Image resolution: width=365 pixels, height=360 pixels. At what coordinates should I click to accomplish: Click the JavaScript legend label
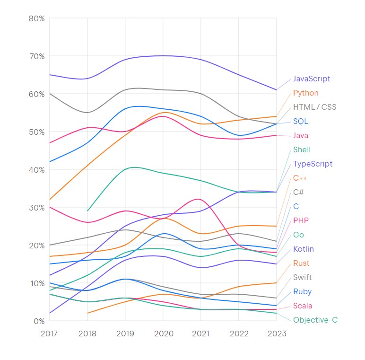point(311,79)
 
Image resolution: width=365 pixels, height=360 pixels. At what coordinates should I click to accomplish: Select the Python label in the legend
point(305,93)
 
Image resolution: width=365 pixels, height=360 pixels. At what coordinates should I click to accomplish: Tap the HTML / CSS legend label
point(314,107)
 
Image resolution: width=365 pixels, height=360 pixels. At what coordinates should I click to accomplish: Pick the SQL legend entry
point(300,122)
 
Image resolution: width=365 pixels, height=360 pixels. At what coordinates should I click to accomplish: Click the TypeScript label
point(313,164)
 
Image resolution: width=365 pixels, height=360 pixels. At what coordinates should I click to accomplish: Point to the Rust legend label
point(301,263)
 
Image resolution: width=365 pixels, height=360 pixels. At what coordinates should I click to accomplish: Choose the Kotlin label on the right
point(303,249)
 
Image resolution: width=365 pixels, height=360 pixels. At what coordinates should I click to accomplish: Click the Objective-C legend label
point(315,320)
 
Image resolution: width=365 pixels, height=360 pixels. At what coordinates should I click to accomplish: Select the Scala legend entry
point(303,306)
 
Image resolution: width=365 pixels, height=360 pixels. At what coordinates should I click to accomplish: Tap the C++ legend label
point(300,178)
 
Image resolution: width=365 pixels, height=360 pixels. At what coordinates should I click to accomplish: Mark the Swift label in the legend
point(302,278)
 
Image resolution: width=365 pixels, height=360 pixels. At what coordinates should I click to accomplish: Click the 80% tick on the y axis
point(36,18)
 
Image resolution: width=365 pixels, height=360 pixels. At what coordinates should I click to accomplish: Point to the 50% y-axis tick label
point(36,132)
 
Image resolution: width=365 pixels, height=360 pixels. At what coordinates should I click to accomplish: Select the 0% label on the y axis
point(38,321)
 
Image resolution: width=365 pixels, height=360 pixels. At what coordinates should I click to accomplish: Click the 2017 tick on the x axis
point(49,334)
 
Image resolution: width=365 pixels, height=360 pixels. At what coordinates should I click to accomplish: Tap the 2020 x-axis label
point(163,334)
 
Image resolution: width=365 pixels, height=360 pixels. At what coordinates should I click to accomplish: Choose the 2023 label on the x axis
point(277,334)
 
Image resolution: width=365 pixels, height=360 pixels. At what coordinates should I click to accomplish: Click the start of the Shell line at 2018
point(87,211)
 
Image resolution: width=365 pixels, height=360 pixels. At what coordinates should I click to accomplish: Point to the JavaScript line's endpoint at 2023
point(277,90)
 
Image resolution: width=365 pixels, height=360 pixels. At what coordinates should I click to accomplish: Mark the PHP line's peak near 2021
point(198,199)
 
